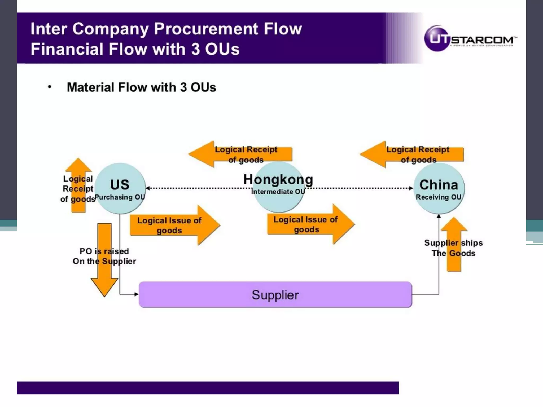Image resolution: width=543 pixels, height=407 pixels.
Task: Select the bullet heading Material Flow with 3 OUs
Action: tap(141, 87)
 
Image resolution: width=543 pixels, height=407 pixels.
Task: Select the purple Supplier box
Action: tap(275, 295)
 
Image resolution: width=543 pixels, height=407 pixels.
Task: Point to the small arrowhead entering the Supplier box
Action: tap(137, 294)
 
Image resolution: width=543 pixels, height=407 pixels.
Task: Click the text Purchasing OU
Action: tap(120, 197)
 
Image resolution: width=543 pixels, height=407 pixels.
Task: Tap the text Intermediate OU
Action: tap(278, 192)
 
